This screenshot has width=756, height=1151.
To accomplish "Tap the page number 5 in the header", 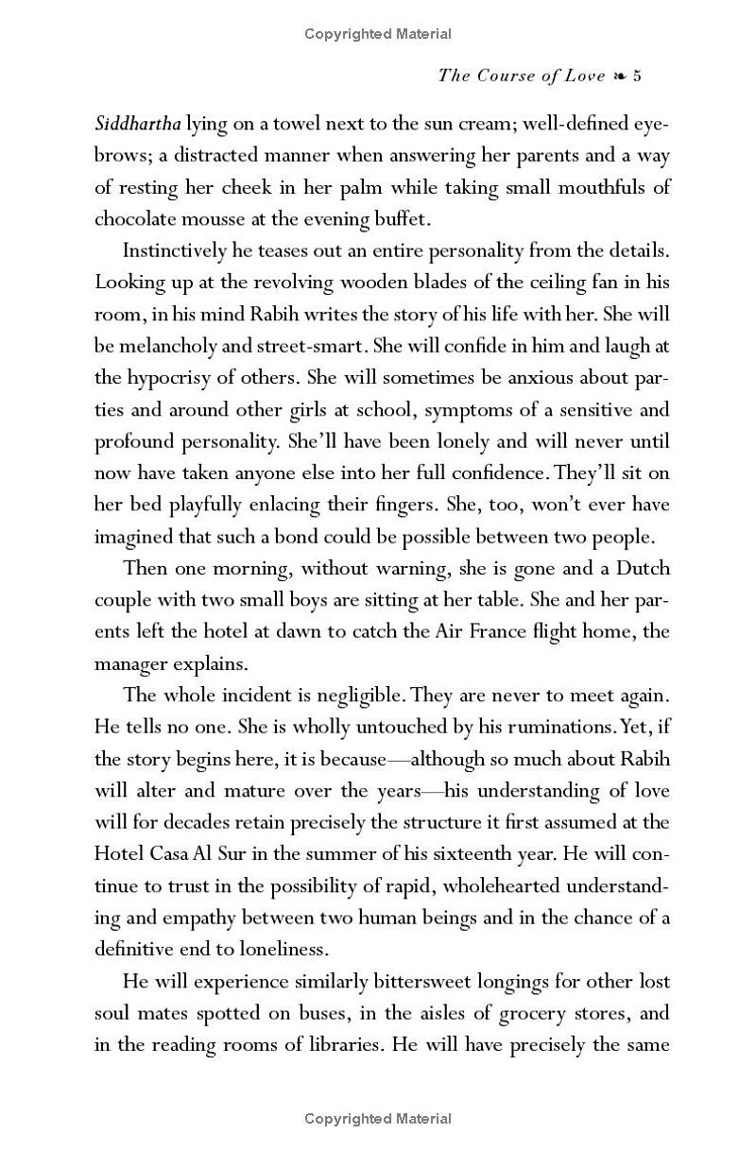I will pos(637,77).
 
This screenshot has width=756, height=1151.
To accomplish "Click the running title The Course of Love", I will pos(521,77).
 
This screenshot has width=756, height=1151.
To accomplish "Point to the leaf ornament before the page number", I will pos(619,77).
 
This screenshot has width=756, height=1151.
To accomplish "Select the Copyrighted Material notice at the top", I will pos(378,35).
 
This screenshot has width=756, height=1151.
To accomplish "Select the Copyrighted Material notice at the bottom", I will pos(378,1120).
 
